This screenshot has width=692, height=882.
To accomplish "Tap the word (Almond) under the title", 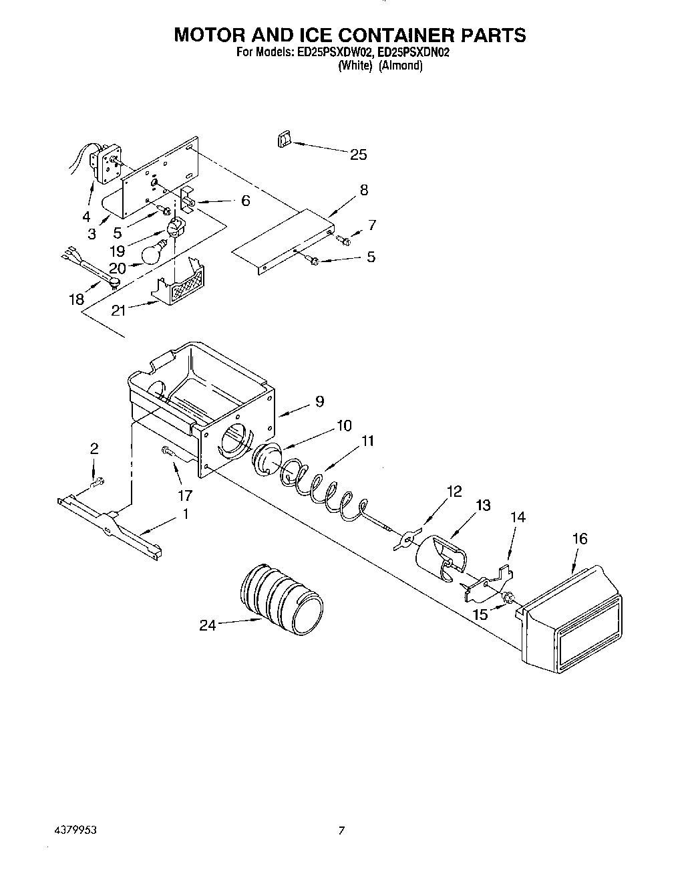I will [x=401, y=66].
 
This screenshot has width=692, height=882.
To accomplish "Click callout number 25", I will [x=358, y=154].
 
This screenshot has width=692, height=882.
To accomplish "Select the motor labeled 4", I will [x=106, y=164].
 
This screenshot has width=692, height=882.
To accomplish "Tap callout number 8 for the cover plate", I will [x=363, y=190].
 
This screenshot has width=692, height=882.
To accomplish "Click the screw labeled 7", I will [x=345, y=239].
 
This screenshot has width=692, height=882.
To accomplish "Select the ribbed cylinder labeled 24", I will [x=281, y=598].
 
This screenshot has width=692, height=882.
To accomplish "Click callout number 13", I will [x=483, y=506].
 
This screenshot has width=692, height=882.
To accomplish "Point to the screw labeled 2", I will [x=98, y=481].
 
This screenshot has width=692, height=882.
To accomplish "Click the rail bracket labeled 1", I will [x=110, y=526].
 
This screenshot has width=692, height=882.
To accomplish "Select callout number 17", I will [x=184, y=495].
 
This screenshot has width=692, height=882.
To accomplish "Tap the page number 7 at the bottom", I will [x=341, y=831].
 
